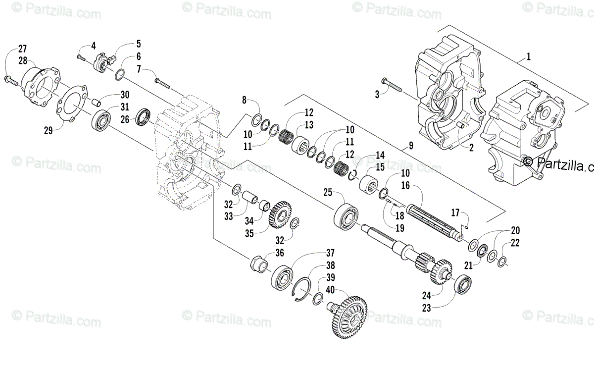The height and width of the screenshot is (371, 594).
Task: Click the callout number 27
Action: click(22, 49)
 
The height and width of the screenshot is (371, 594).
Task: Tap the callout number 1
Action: click(528, 56)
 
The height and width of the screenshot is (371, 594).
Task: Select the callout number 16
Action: click(405, 186)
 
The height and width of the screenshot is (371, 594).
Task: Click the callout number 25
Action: click(327, 191)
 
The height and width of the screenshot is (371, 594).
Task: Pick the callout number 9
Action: click(410, 146)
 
